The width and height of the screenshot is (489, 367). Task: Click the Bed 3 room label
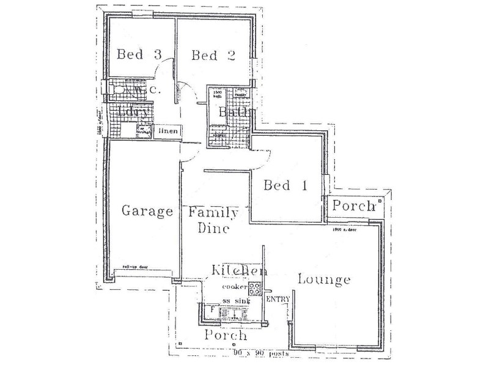139,55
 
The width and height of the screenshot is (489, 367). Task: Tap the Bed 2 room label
213,56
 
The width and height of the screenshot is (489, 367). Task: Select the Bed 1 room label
285,185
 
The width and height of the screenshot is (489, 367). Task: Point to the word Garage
147,212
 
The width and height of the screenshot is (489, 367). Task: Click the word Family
213,212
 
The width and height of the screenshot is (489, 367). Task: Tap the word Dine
213,229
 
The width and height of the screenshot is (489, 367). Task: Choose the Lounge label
324,280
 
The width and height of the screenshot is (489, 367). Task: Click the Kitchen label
239,270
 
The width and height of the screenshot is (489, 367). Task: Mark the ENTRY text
278,299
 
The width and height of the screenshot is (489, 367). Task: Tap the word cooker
235,287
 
